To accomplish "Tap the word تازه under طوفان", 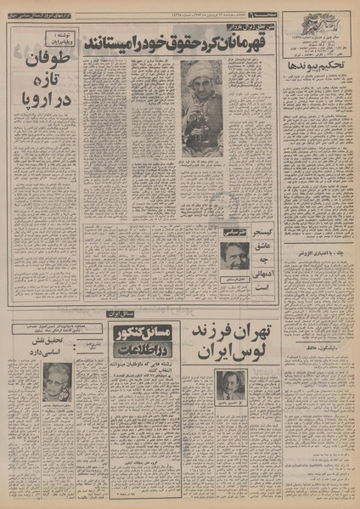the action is click(x=42, y=84).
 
